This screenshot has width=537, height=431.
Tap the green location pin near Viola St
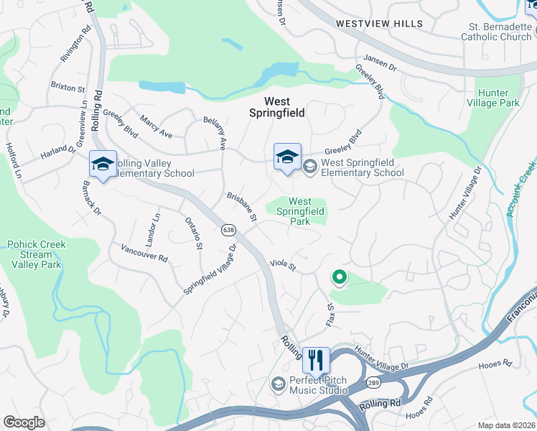point(338,277)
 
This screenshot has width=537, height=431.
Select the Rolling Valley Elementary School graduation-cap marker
point(103,164)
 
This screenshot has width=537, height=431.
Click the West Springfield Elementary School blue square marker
point(286,157)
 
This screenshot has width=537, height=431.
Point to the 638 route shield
point(228,230)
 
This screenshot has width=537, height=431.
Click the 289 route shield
point(373,383)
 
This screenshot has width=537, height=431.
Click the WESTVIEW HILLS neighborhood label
point(380,24)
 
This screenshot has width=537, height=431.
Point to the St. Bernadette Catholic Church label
point(496,32)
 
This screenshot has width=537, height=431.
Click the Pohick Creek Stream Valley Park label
point(36,254)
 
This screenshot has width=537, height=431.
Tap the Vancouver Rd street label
point(144,253)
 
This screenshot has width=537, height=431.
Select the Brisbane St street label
point(242,208)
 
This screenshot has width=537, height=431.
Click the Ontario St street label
point(194,233)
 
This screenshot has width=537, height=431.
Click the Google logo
point(24,422)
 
